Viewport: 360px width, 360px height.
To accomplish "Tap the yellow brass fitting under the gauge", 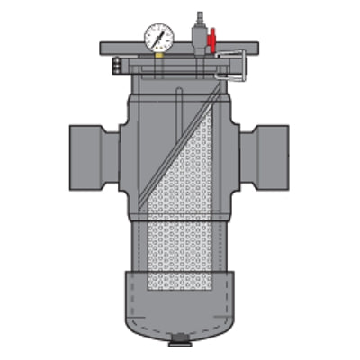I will pos(157,53).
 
